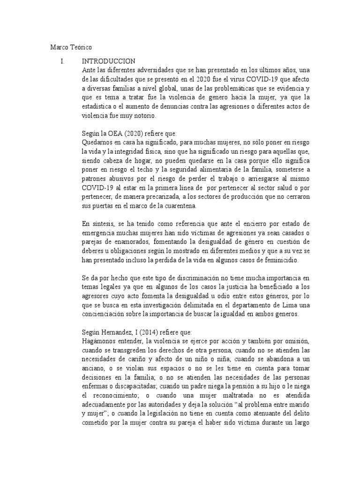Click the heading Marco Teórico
tap(71, 48)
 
